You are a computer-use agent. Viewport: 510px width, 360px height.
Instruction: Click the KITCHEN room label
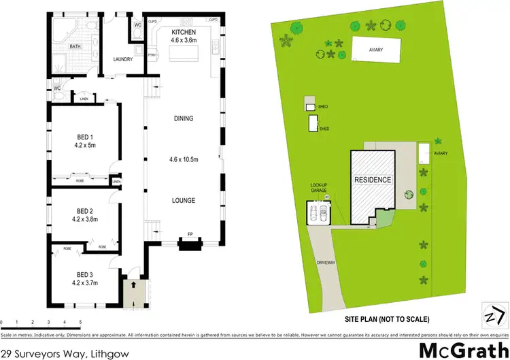click(x=184, y=32)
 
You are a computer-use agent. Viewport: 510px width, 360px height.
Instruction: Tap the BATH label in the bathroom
click(x=76, y=47)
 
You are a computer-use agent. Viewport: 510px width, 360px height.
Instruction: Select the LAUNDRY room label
click(x=123, y=59)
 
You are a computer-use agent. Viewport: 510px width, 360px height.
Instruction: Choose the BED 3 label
click(x=84, y=274)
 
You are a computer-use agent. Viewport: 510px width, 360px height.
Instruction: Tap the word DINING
click(x=183, y=118)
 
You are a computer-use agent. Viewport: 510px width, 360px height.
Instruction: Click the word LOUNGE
click(x=184, y=200)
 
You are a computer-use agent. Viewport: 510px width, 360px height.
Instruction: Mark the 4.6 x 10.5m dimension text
click(x=184, y=159)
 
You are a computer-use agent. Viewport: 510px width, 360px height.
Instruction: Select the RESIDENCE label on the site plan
click(x=372, y=180)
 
